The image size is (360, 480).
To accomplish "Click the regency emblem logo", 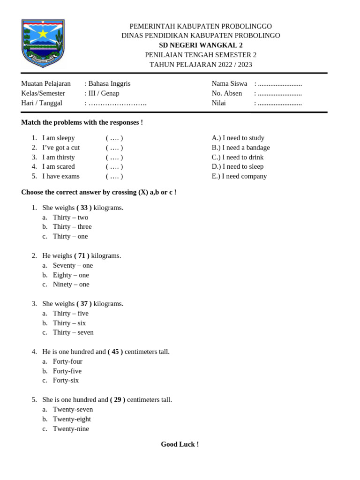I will click(43, 44).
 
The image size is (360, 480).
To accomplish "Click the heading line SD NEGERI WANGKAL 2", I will click(201, 45).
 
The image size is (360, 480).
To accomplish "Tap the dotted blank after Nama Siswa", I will click(280, 84).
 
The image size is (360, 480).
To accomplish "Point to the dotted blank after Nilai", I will click(280, 103).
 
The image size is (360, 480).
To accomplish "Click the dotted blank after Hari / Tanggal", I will click(118, 103).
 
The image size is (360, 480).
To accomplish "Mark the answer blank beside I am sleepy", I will click(114, 138).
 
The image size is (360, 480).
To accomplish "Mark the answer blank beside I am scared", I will click(114, 167).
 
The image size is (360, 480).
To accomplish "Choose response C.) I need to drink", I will click(238, 157).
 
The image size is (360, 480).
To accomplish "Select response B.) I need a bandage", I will click(241, 148).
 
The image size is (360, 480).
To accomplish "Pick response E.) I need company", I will click(239, 176).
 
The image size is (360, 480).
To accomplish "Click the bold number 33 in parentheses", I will click(84, 208).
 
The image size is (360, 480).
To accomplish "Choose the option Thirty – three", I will click(72, 227).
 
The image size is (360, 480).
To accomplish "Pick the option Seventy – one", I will click(73, 265).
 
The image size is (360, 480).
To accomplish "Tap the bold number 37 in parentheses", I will click(84, 304).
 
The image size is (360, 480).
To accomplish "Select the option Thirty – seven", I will click(73, 332).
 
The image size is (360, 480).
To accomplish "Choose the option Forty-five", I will click(67, 371).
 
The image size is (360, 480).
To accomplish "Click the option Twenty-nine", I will click(71, 428).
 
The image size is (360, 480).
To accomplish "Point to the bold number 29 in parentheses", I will click(118, 400).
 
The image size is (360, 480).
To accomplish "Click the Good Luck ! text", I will click(180, 444).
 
